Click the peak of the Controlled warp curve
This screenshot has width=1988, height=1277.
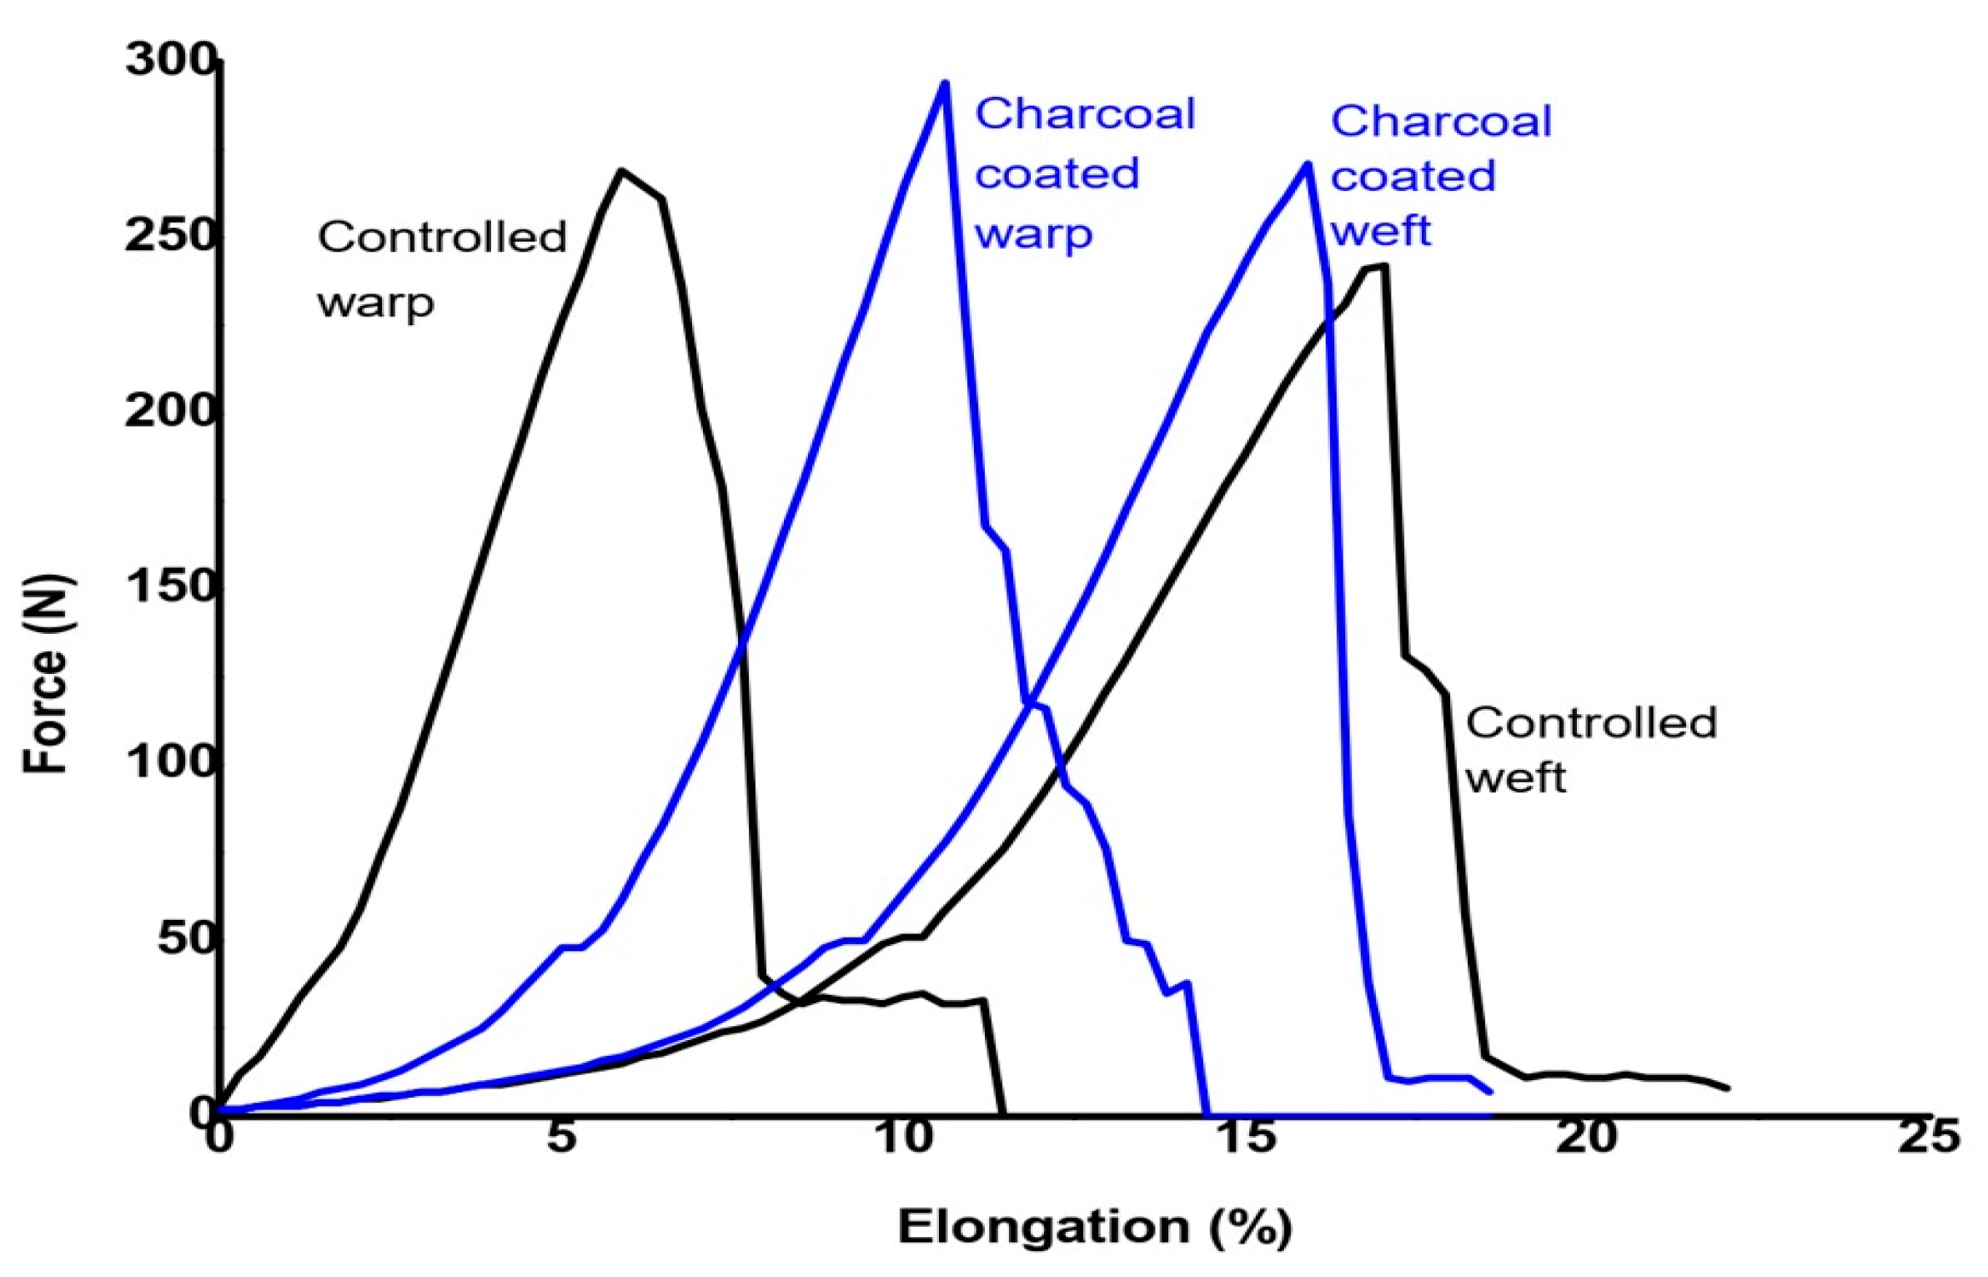coord(621,170)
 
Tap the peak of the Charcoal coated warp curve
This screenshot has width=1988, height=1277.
coord(944,83)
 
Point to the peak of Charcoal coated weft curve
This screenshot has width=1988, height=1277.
coord(1306,163)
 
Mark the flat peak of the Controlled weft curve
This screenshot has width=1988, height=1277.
coord(1376,268)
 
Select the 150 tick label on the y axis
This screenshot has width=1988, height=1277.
coord(170,586)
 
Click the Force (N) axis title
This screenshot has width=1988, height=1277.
coord(45,674)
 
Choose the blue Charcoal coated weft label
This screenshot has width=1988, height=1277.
coord(1439,176)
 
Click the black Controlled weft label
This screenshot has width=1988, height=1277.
coord(1590,749)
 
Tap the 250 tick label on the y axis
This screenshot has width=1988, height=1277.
coord(170,236)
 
